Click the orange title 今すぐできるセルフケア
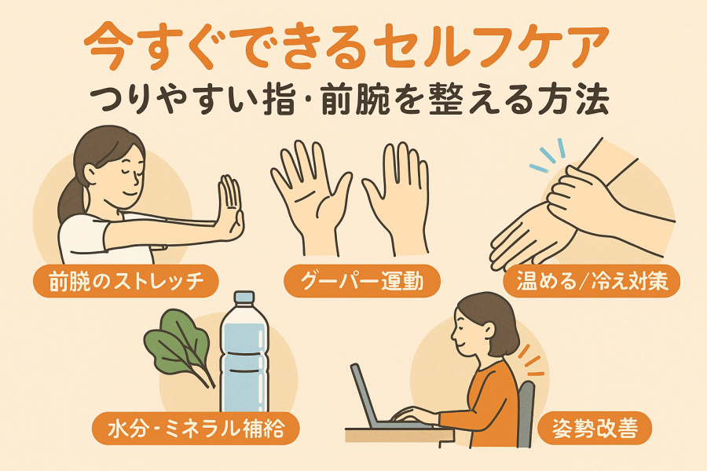[346, 48]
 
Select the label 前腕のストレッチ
[126, 281]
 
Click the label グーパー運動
[362, 281]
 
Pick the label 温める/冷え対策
[592, 281]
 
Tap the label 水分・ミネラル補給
[196, 428]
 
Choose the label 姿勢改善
[595, 428]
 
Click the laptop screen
[364, 395]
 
